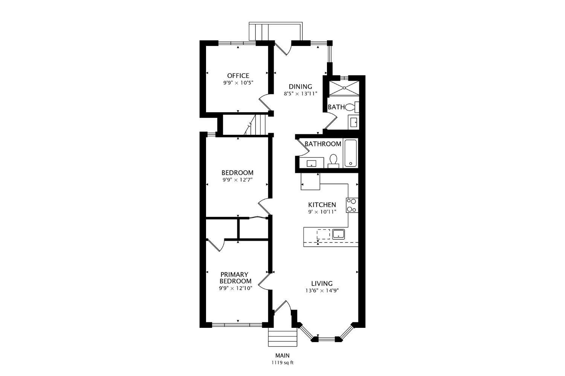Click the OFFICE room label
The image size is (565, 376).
pyautogui.click(x=238, y=76)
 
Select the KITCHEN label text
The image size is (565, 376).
pyautogui.click(x=322, y=205)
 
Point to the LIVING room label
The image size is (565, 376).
pyautogui.click(x=322, y=283)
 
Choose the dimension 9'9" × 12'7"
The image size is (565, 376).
pyautogui.click(x=237, y=180)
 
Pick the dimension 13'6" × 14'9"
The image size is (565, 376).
pyautogui.click(x=325, y=291)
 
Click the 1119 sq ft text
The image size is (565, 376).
pyautogui.click(x=282, y=363)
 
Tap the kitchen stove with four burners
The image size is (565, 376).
pyautogui.click(x=352, y=206)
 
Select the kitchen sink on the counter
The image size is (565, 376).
pyautogui.click(x=339, y=234)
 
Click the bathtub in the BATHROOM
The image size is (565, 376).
pyautogui.click(x=350, y=153)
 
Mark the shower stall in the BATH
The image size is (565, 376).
pyautogui.click(x=343, y=88)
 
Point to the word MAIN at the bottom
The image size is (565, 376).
pyautogui.click(x=282, y=355)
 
